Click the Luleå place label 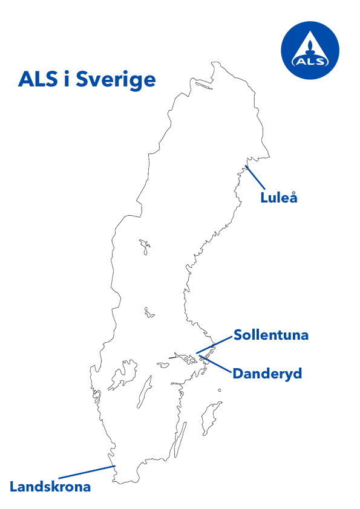[279, 198]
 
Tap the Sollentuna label [271, 335]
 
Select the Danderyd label [267, 374]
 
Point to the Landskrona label [50, 487]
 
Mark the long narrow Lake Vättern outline [143, 392]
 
